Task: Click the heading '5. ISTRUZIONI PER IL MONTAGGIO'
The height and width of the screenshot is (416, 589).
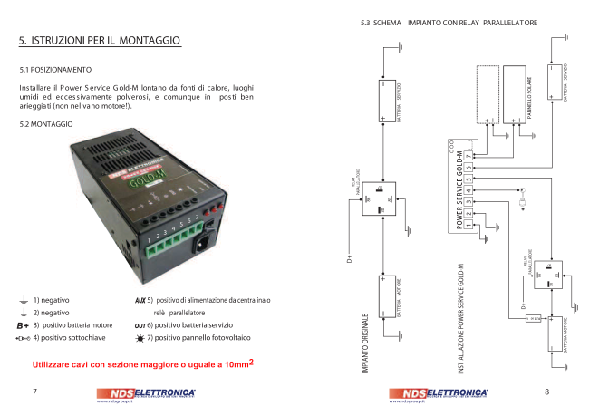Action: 101,41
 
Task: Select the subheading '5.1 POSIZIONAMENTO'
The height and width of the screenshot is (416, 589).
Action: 55,69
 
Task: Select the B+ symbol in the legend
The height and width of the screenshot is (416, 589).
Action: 24,324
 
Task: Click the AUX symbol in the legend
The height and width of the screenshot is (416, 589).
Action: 140,299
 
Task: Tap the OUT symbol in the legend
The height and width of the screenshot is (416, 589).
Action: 140,324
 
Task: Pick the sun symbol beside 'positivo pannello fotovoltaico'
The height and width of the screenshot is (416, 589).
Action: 140,337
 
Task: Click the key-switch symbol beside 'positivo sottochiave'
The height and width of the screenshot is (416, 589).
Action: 24,337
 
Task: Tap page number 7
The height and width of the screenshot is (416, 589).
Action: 34,392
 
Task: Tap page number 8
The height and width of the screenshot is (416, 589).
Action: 546,392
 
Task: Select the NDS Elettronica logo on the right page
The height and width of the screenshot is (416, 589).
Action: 439,393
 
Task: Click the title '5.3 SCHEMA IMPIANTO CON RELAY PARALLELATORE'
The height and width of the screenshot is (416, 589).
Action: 449,22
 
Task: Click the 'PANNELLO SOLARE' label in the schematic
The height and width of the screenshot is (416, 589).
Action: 529,94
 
